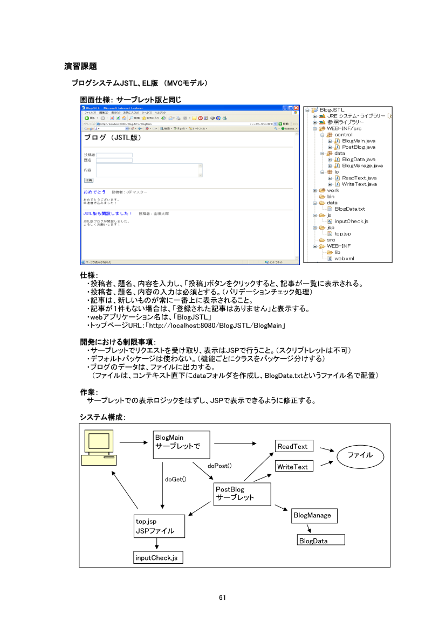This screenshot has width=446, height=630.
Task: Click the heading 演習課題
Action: point(80,66)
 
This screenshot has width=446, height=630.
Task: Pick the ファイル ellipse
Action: point(360,455)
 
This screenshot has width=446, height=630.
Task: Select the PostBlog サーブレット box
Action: point(242,494)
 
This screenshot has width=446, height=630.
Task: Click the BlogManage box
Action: point(314,516)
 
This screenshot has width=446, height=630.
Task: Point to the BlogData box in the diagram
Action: point(321,540)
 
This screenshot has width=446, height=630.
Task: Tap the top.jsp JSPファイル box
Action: point(159,526)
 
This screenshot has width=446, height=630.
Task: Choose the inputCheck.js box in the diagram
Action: point(158,557)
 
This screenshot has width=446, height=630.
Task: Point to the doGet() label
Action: point(175,479)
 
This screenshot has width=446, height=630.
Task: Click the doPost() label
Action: point(220,465)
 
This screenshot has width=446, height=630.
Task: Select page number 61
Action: point(223,597)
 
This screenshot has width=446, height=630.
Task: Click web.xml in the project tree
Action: point(344,259)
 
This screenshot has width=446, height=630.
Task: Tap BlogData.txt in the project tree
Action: point(349,209)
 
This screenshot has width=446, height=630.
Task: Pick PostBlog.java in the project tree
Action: point(358,147)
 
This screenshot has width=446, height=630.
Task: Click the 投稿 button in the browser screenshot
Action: point(88,180)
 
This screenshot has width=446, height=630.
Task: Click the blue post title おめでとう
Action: point(94,192)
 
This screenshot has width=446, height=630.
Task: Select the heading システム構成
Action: point(103,417)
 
